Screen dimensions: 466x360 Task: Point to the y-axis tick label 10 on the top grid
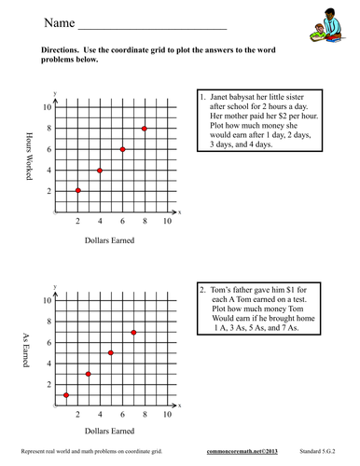[x=46, y=107]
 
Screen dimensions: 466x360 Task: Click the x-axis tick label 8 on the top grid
[x=145, y=222]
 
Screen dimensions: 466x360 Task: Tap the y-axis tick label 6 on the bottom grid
[x=48, y=343]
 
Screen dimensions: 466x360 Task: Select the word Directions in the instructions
[x=62, y=48]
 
